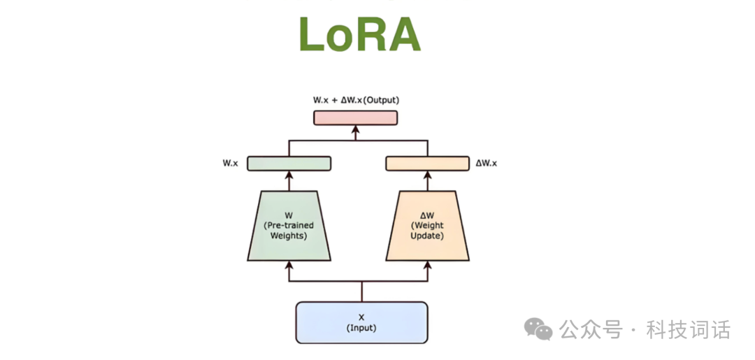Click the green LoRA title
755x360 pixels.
pos(359,34)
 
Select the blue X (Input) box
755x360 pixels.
pos(361,322)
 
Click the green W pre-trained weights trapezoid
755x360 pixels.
pos(289,225)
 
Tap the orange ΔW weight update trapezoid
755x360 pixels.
pos(427,225)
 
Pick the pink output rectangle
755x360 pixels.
pos(355,117)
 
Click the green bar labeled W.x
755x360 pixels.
pos(289,163)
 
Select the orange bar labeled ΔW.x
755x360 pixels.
pos(427,163)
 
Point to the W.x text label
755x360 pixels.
pos(230,163)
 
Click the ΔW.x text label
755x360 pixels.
pos(486,163)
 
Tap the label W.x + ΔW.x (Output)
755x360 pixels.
pos(356,100)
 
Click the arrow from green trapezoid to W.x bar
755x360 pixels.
pos(289,180)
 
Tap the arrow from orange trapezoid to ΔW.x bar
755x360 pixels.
pos(427,180)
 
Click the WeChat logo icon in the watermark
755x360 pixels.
pos(539,329)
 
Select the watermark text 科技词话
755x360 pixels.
pos(689,329)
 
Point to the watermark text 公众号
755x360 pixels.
pos(590,329)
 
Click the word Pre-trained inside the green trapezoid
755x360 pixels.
pos(289,225)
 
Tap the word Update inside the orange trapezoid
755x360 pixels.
pos(427,236)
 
